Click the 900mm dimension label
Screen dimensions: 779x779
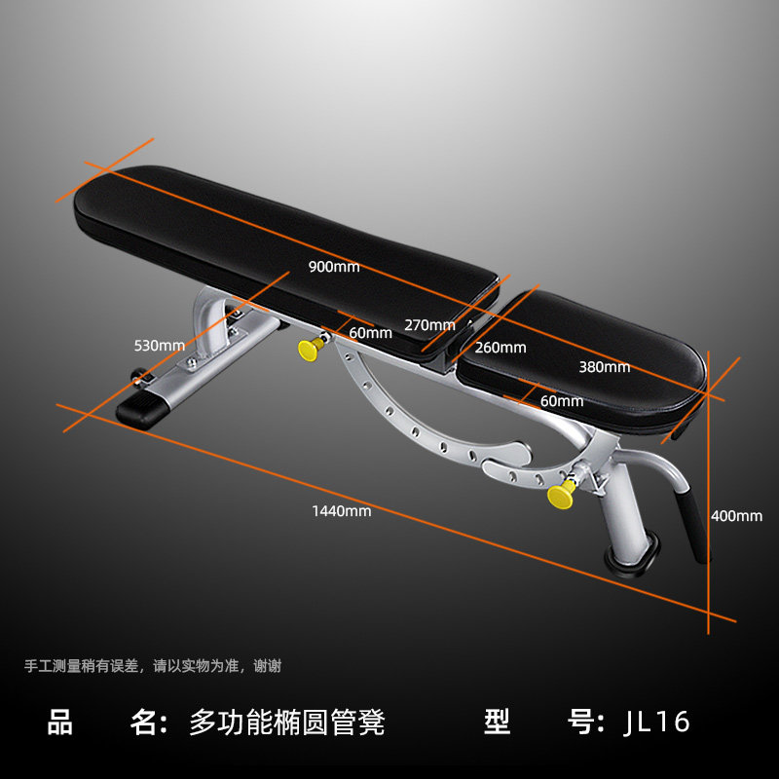tap(334, 267)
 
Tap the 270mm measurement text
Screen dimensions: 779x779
tap(429, 325)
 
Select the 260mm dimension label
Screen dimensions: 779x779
tap(501, 348)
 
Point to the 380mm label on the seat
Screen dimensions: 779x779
tap(604, 367)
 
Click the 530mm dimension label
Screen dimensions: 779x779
tap(160, 345)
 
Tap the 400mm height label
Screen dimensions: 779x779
tap(737, 515)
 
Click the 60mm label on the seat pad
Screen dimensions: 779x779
tap(562, 400)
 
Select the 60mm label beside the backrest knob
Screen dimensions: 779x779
tap(370, 333)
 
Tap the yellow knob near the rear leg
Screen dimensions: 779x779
tap(560, 494)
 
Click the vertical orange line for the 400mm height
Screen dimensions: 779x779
tap(710, 487)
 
